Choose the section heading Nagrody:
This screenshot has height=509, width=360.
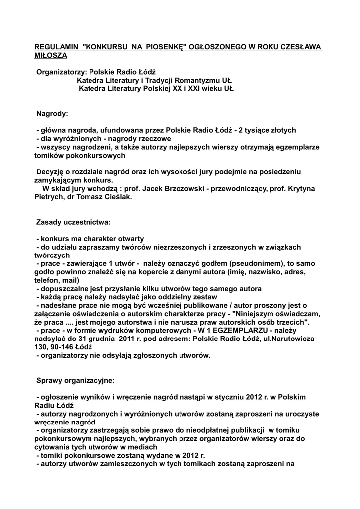(x=52, y=114)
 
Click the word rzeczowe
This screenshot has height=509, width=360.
(x=153, y=139)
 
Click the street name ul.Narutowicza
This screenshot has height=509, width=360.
(x=288, y=339)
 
